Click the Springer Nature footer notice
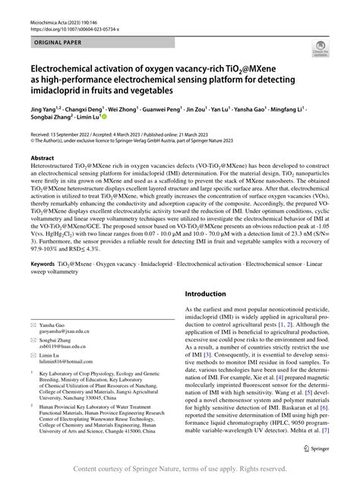(x=179, y=469)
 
